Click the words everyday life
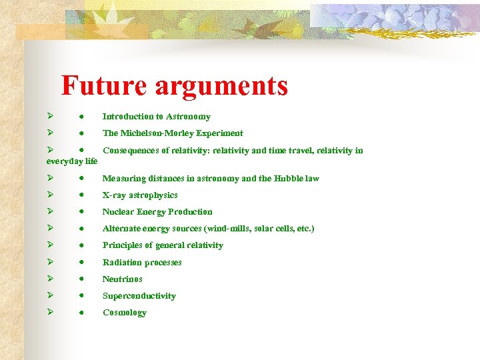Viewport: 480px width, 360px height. coord(72,161)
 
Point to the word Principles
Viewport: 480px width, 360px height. coord(123,245)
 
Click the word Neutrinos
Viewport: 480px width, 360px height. coord(122,279)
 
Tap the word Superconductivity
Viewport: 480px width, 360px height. coord(139,296)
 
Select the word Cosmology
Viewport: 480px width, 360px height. coord(124,313)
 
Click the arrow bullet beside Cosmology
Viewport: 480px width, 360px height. coord(49,312)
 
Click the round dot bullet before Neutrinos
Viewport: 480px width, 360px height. coord(80,279)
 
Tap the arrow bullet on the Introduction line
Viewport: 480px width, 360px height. coord(49,116)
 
